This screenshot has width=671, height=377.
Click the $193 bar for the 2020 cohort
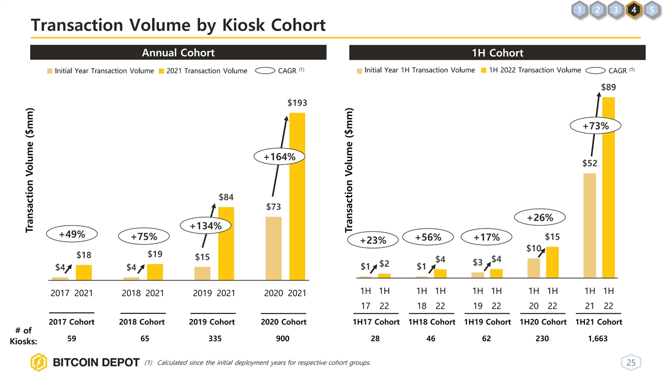pos(297,195)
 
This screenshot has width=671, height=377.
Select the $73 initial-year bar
pos(273,247)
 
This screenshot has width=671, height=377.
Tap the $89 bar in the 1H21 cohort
pos(608,187)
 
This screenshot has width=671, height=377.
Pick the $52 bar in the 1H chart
pos(589,225)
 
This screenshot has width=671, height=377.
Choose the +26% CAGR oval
pos(540,217)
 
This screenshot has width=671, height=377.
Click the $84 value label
pos(226,197)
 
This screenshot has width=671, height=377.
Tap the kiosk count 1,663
pos(599,338)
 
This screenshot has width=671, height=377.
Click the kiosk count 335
pos(212,338)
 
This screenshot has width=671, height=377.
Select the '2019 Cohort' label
pos(212,322)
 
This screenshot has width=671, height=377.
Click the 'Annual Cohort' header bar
pos(178,53)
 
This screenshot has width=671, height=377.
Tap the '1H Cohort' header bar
pos(497,53)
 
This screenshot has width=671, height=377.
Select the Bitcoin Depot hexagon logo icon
pos(40,363)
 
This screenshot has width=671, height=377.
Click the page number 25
pos(631,363)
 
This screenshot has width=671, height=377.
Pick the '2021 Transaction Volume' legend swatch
pos(162,71)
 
